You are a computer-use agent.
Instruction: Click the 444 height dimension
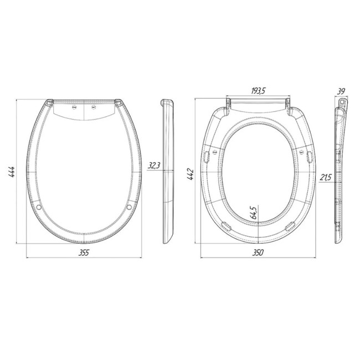pyautogui.click(x=12, y=172)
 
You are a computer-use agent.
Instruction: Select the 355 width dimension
pyautogui.click(x=84, y=253)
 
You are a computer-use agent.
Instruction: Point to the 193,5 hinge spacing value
pyautogui.click(x=258, y=91)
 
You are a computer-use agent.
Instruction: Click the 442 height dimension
pyautogui.click(x=191, y=174)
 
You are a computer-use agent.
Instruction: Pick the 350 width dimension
pyautogui.click(x=258, y=253)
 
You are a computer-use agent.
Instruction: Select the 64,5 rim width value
pyautogui.click(x=254, y=213)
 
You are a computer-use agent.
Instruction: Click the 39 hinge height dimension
pyautogui.click(x=341, y=91)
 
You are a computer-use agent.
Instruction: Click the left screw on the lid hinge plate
pyautogui.click(x=74, y=107)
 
